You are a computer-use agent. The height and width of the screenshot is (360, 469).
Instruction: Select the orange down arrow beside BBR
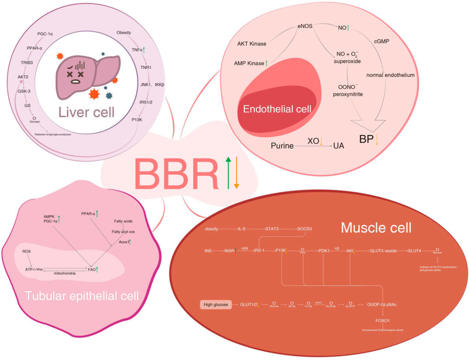pyautogui.click(x=236, y=172)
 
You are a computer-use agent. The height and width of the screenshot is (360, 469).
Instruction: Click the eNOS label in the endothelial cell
pyautogui.click(x=304, y=26)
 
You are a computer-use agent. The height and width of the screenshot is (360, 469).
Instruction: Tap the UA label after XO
pyautogui.click(x=338, y=146)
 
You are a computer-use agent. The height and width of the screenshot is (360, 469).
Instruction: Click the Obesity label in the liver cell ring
pyautogui.click(x=124, y=33)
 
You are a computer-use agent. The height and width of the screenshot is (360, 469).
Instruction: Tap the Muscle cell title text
pyautogui.click(x=376, y=228)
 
